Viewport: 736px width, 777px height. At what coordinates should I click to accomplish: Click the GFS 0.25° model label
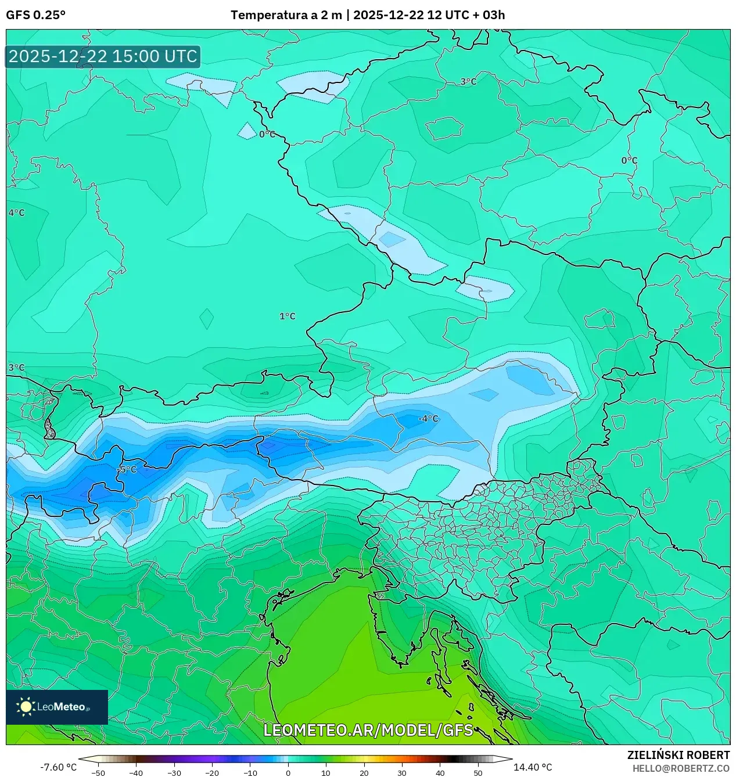(35, 15)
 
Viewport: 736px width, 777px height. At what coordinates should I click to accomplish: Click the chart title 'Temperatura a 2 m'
(286, 15)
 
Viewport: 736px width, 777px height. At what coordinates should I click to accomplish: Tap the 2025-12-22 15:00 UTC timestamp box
(103, 56)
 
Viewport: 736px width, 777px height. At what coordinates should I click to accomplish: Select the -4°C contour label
(428, 419)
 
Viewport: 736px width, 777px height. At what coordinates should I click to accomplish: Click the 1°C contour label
(288, 316)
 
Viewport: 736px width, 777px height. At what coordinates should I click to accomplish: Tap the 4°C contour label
(17, 213)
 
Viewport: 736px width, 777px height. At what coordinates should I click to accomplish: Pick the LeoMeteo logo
(57, 707)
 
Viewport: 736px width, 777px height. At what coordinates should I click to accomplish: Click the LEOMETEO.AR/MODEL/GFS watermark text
(368, 730)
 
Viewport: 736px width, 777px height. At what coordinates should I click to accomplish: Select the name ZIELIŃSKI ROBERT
(678, 755)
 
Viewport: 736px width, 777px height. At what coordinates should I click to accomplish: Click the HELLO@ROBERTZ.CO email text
(681, 768)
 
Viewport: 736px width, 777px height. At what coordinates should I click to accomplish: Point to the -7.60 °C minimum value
(58, 767)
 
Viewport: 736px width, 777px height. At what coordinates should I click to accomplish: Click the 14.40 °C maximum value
(533, 767)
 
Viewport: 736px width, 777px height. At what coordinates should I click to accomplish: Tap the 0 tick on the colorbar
(288, 773)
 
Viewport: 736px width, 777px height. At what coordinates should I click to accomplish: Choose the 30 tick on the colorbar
(402, 773)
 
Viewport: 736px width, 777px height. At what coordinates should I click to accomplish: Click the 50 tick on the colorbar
(478, 773)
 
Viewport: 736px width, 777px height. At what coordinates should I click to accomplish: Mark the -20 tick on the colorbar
(212, 773)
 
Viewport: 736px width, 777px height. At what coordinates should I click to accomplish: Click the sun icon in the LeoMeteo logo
(26, 707)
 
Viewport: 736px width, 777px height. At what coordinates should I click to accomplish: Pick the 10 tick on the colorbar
(326, 773)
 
